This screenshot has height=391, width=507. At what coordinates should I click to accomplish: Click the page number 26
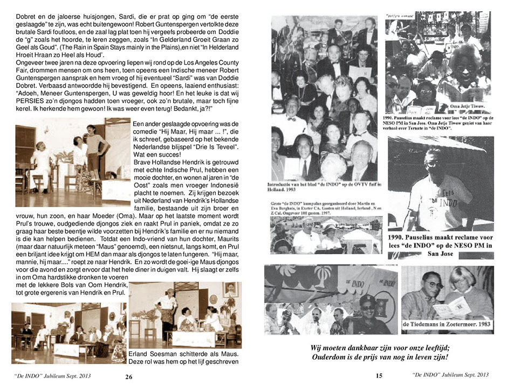[x=129, y=378]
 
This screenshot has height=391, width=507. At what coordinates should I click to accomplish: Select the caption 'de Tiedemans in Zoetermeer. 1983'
[x=447, y=324]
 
